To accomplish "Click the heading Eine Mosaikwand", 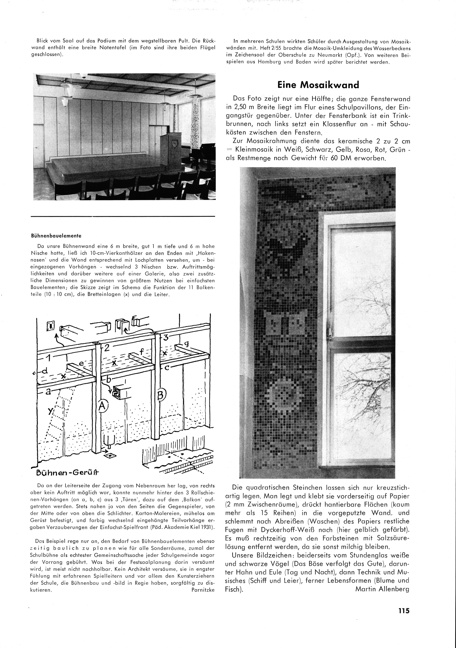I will coord(318,85).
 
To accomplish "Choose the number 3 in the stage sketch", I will coord(166,337).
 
